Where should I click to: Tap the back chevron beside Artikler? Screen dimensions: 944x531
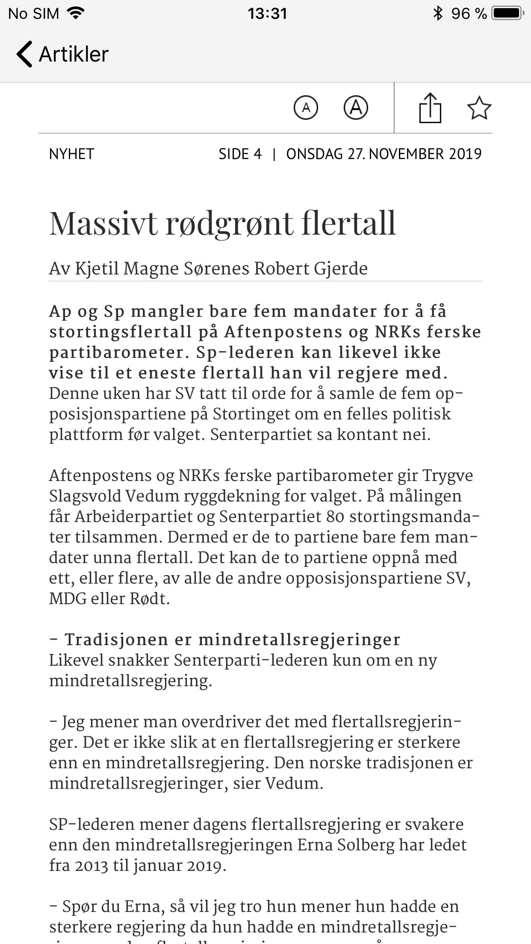pyautogui.click(x=24, y=54)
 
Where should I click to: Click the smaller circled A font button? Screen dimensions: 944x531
pyautogui.click(x=306, y=107)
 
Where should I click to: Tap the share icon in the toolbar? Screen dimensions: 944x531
pyautogui.click(x=430, y=108)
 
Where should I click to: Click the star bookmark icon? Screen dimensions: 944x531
pyautogui.click(x=479, y=108)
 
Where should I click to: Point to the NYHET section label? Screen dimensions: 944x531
pyautogui.click(x=71, y=154)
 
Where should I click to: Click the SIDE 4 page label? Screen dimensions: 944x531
pyautogui.click(x=240, y=154)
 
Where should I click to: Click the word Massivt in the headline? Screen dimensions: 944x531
pyautogui.click(x=103, y=223)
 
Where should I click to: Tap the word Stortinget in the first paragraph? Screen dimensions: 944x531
pyautogui.click(x=245, y=414)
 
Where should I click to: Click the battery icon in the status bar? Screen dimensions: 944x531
pyautogui.click(x=508, y=14)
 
